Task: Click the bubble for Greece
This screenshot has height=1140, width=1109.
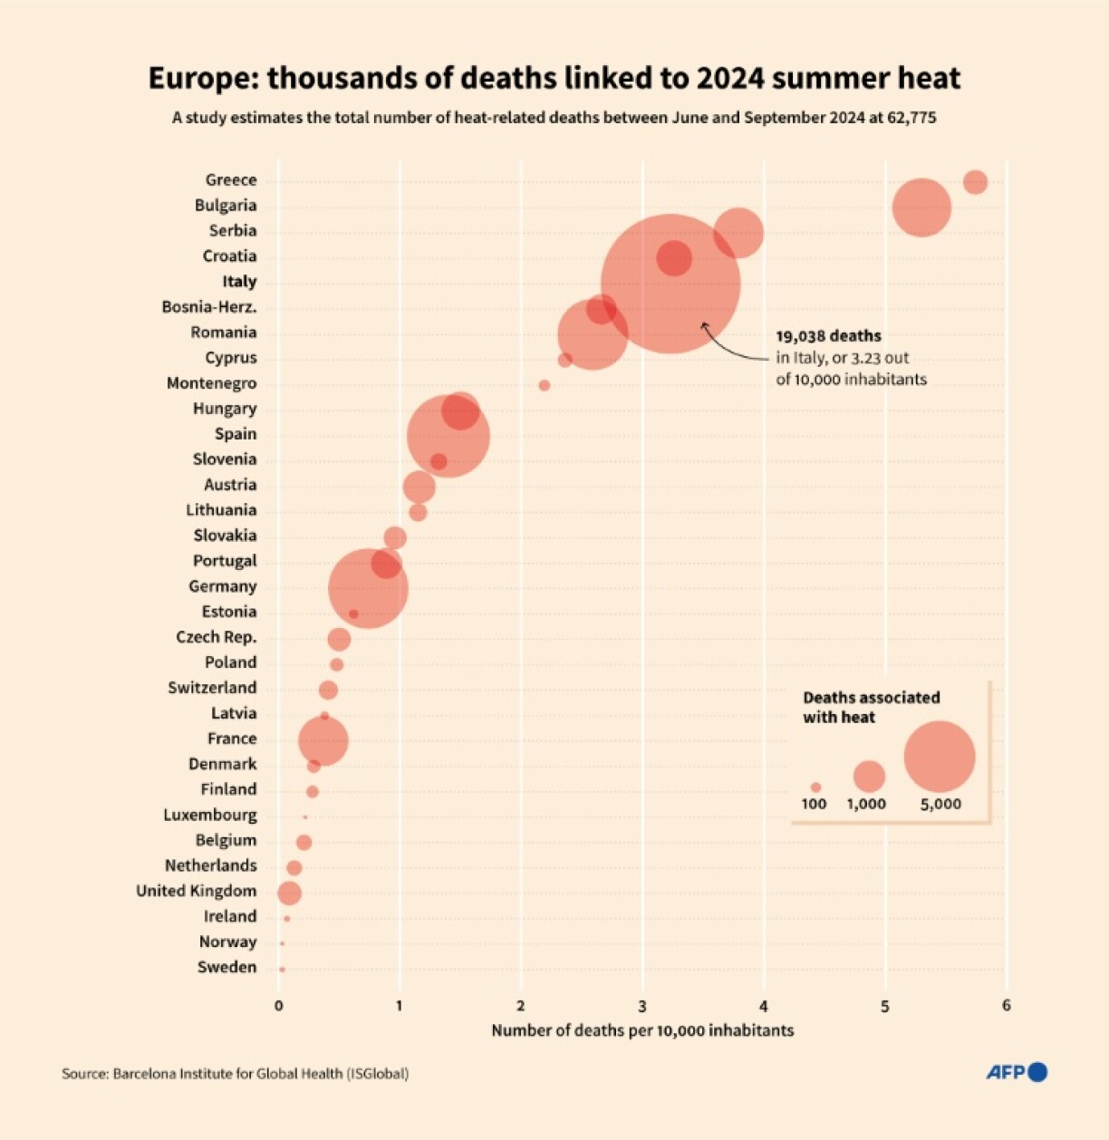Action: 975,182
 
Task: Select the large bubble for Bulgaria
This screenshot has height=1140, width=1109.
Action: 921,208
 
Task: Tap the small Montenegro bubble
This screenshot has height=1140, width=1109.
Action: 545,385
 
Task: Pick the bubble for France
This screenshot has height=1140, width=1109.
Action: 323,740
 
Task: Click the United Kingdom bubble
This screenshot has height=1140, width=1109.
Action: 289,894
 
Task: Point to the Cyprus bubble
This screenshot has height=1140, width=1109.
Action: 565,360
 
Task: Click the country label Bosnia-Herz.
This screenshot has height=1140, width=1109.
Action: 209,307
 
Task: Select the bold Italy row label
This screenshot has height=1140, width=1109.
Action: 239,282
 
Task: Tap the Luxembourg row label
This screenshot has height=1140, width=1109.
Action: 210,815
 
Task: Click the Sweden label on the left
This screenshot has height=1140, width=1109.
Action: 227,967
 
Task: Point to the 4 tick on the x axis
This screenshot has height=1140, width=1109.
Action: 764,1006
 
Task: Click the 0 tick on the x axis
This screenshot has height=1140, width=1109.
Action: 278,1006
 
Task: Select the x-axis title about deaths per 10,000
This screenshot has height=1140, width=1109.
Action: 642,1030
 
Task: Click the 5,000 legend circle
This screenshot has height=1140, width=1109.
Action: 940,757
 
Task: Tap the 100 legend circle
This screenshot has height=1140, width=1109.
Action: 815,787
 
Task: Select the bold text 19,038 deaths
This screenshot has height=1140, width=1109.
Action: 828,336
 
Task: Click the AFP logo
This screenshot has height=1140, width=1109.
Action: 1016,1072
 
